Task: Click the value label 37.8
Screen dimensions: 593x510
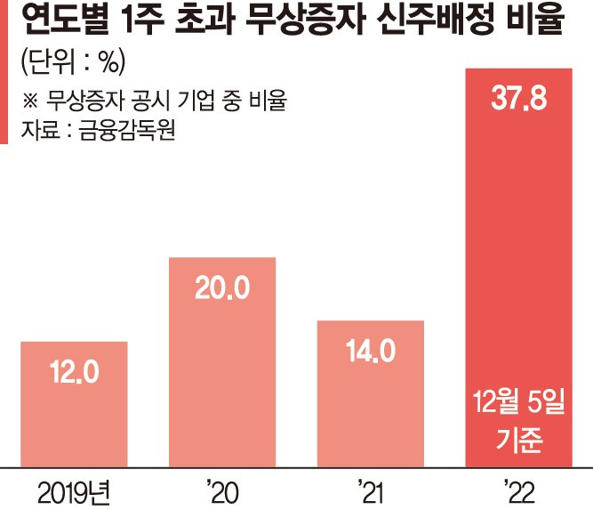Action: click(519, 99)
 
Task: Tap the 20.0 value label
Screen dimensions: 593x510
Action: click(222, 288)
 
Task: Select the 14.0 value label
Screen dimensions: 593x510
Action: click(371, 351)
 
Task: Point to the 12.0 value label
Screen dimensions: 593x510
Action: click(74, 372)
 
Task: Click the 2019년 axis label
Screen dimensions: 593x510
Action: click(74, 493)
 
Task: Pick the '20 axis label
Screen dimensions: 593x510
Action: click(223, 492)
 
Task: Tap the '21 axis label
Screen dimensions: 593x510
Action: click(370, 492)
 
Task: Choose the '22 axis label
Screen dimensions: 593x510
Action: click(519, 492)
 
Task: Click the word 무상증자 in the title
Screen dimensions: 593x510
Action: click(306, 20)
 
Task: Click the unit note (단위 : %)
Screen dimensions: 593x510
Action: click(73, 61)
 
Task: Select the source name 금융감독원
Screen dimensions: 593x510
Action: click(127, 131)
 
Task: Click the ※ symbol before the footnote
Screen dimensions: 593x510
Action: click(29, 101)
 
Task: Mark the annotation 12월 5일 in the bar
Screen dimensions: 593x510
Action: click(519, 402)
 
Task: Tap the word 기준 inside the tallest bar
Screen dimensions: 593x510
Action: click(519, 440)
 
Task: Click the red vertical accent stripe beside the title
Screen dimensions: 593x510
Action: click(4, 72)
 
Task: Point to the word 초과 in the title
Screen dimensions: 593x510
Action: click(204, 20)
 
